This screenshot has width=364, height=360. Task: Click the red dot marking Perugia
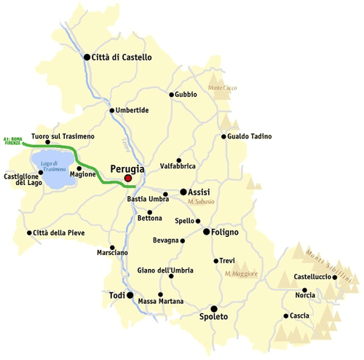(128, 178)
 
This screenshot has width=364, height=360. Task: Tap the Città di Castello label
(122, 57)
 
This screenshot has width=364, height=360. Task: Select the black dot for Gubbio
(172, 95)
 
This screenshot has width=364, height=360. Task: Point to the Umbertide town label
(132, 110)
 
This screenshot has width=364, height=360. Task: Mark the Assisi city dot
(183, 192)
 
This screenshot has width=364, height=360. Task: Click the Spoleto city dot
(213, 308)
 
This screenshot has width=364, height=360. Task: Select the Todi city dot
(130, 296)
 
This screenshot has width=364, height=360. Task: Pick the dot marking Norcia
(305, 290)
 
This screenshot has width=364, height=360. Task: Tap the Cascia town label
(299, 316)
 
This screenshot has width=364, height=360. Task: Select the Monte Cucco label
(223, 88)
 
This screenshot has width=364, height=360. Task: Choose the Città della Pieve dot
(28, 233)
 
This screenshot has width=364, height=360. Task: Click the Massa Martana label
(161, 302)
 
